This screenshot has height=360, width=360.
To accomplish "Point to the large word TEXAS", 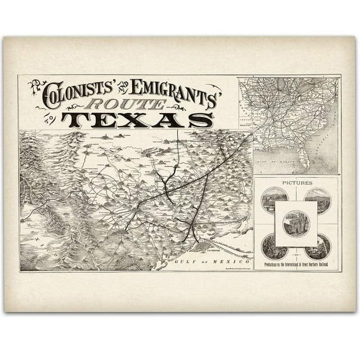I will (x=137, y=120).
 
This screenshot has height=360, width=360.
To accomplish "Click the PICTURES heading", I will (x=296, y=183).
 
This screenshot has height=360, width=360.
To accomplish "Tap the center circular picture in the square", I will (x=296, y=224).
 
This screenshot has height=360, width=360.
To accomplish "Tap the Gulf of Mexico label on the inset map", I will (x=287, y=147).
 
